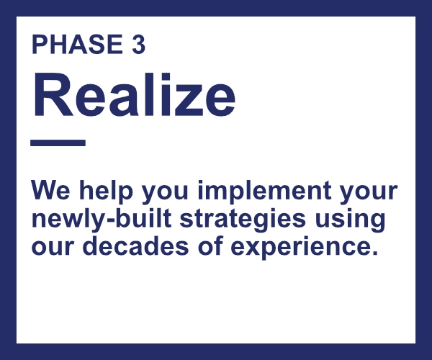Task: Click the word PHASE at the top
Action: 77,45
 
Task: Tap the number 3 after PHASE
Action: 138,45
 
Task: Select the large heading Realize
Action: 134,94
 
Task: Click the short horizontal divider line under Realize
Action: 58,143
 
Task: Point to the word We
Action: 50,190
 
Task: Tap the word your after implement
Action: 369,192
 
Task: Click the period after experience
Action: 374,252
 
